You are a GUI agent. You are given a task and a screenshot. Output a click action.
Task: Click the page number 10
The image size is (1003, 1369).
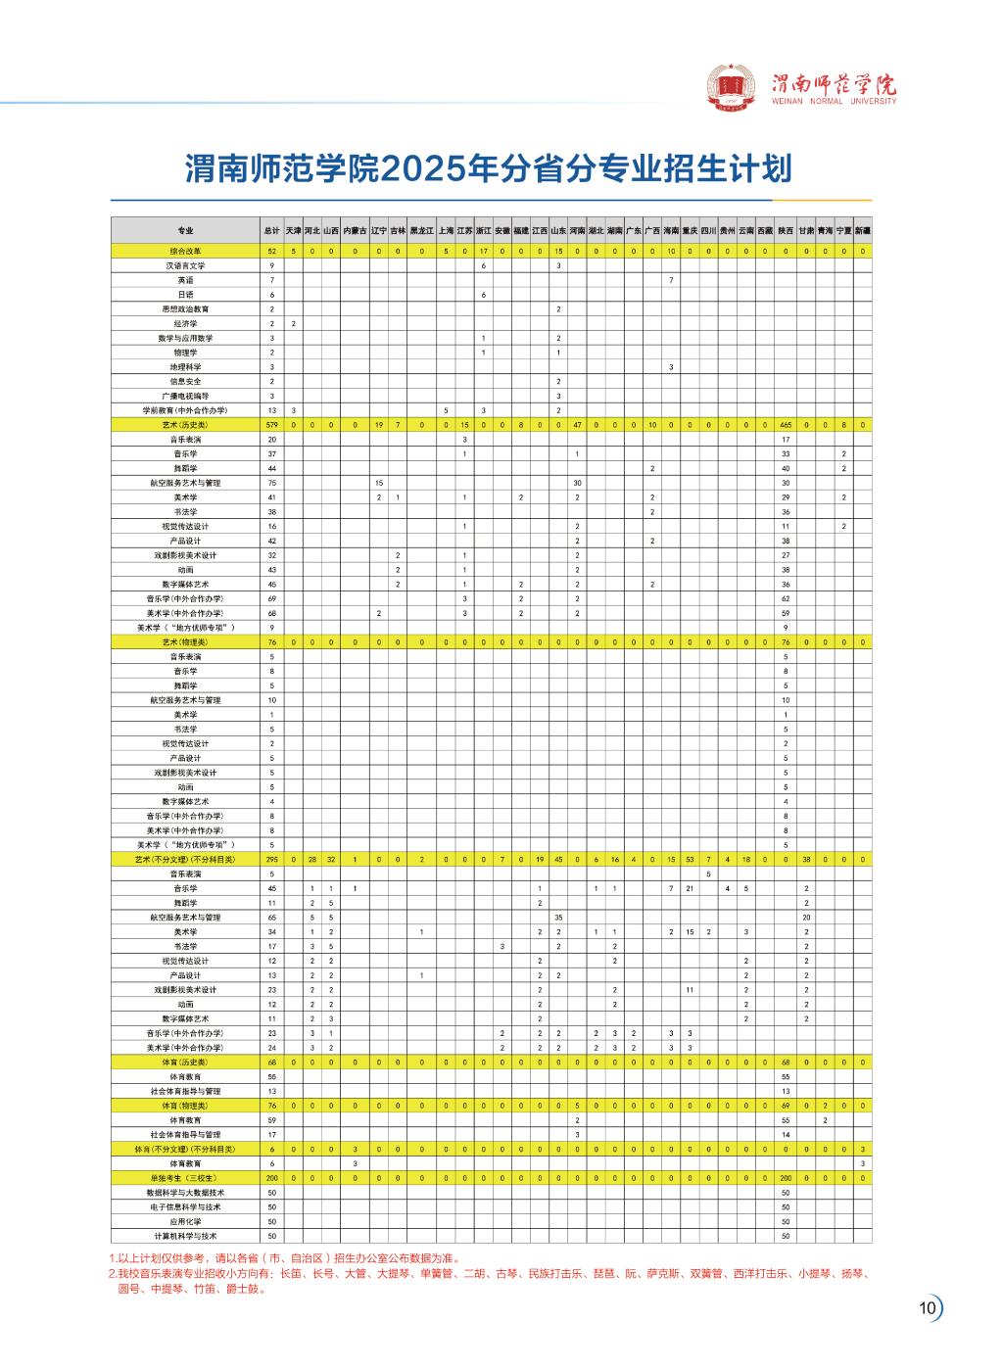coord(927,1308)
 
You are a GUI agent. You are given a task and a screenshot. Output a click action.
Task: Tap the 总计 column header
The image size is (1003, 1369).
coord(271,230)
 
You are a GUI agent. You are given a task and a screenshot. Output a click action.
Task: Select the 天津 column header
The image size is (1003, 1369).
coord(293,230)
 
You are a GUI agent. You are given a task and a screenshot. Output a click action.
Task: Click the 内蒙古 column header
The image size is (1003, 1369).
coord(355,230)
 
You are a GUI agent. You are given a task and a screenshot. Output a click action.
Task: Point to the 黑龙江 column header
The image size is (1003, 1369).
coord(421,230)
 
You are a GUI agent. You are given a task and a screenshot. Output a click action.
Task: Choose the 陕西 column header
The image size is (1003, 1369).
coord(786,230)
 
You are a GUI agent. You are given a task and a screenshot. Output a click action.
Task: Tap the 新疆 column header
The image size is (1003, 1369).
coord(862,230)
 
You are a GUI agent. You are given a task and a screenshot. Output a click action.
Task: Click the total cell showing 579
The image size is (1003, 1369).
coord(271,425)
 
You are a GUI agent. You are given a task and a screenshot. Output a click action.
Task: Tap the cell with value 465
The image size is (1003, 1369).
coord(786,425)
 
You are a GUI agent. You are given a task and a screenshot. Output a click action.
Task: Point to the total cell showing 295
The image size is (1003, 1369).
coord(271,859)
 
